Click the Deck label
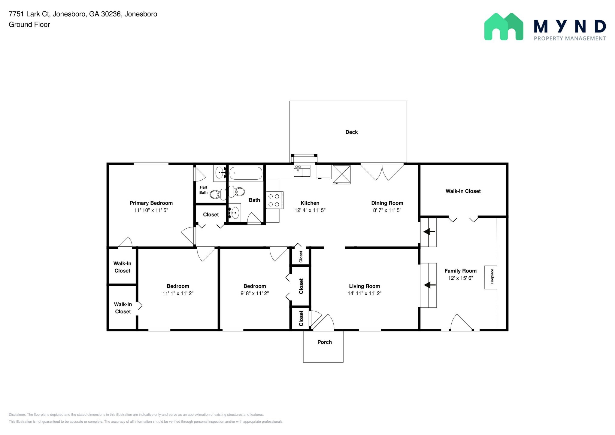(351, 132)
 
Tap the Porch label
(324, 342)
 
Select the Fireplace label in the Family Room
(492, 277)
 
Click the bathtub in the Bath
(246, 174)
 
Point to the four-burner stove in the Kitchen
(274, 200)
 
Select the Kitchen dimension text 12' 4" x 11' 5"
(310, 210)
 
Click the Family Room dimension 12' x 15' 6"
(460, 278)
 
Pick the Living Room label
(364, 286)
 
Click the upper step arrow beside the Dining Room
(429, 232)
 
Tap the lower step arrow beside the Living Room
(430, 285)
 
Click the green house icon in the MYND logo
(504, 27)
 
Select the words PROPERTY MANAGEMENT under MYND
(570, 38)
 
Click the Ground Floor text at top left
(29, 25)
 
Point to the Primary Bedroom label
(151, 203)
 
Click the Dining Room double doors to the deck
(382, 172)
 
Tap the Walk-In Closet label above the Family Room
(463, 191)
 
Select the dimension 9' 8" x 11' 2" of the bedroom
(254, 294)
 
